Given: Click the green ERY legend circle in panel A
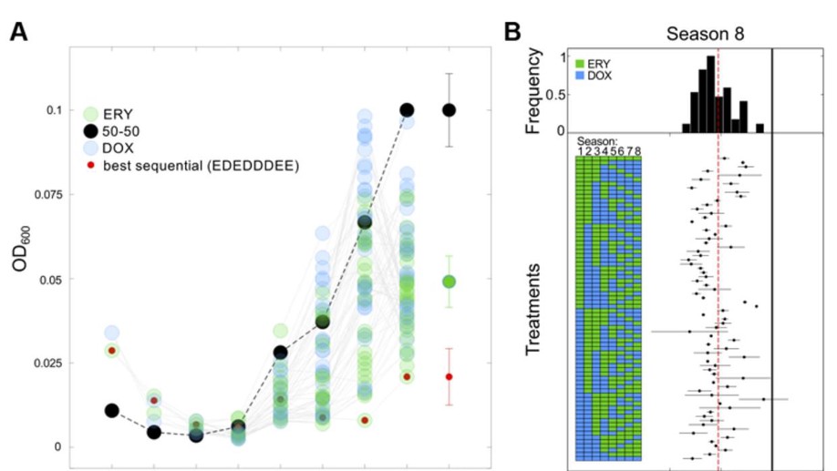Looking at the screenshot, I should [90, 113].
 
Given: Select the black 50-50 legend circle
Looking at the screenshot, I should [90, 130].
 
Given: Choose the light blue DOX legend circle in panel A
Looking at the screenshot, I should [90, 148].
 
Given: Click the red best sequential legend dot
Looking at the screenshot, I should [90, 166].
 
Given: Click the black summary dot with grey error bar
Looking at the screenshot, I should [449, 109].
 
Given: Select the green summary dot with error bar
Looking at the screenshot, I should [449, 282].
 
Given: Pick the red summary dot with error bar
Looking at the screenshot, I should [449, 376].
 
